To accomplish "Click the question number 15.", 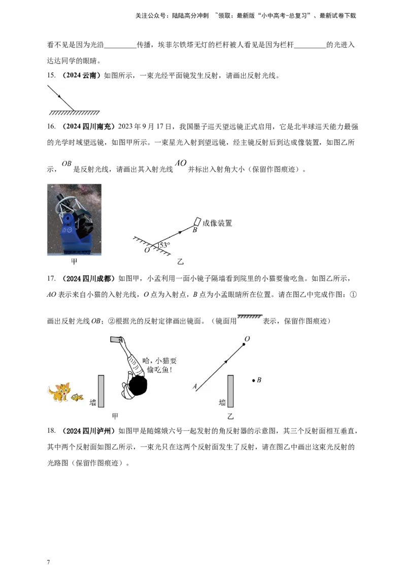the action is point(51,76).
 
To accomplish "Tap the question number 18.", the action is point(51,431).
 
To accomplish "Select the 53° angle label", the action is point(164,245).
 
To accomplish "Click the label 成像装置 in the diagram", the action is point(217,223).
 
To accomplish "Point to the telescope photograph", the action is point(75,219).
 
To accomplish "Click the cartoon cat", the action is point(59,392).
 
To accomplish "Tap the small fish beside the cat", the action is point(77,397).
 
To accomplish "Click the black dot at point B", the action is point(254,380).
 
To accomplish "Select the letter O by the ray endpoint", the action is point(247,338).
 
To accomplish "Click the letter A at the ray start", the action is point(194,386).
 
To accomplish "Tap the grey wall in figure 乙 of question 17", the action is point(230,391).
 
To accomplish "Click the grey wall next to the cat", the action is point(101,391).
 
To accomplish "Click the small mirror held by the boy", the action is point(117,339).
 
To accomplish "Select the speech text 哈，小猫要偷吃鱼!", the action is point(159,365).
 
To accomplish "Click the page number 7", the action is point(48,562).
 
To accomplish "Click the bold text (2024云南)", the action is point(81,76).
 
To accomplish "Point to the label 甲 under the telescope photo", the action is point(75,262).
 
